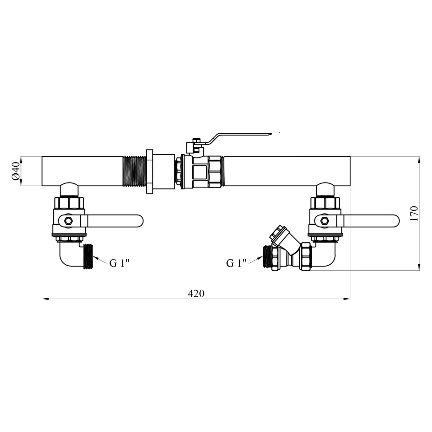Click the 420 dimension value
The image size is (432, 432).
click(x=196, y=294)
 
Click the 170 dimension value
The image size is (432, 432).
click(x=414, y=214)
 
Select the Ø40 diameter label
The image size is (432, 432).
click(x=16, y=171)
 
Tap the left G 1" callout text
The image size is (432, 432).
click(x=119, y=263)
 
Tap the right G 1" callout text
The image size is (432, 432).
click(x=236, y=263)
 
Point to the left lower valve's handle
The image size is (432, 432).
click(x=114, y=221)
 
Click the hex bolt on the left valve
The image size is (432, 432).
click(x=68, y=221)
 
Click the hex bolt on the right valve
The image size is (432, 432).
click(x=324, y=221)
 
